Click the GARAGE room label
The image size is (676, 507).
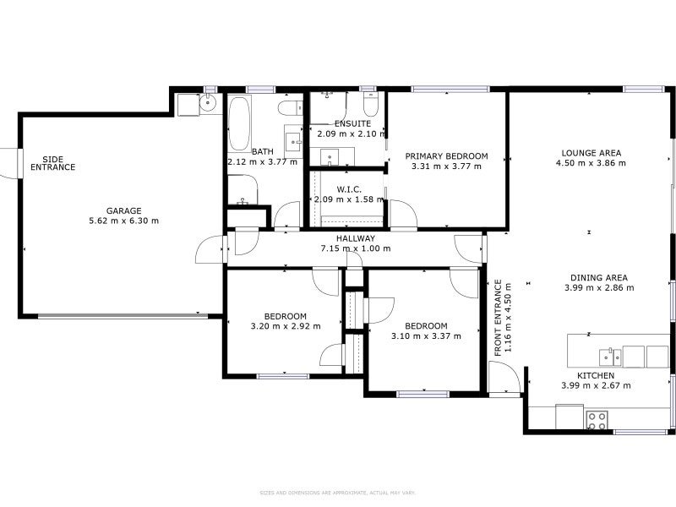[x=123, y=211]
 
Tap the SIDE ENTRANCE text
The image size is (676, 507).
[x=53, y=163]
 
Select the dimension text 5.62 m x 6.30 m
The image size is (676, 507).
[x=123, y=221]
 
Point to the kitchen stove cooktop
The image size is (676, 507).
[x=597, y=419]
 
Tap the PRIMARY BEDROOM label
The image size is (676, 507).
[x=446, y=156]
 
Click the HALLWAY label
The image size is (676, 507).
[x=355, y=239]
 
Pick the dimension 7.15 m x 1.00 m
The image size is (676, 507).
[x=355, y=248]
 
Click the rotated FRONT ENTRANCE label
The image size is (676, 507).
[x=499, y=317]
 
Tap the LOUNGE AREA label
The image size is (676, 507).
[x=591, y=153]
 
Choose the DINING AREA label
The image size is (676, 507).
[x=598, y=278]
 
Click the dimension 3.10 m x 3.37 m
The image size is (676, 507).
[x=425, y=335]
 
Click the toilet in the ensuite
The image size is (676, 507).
[x=370, y=106]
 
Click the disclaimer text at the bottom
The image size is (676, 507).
[x=338, y=493]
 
